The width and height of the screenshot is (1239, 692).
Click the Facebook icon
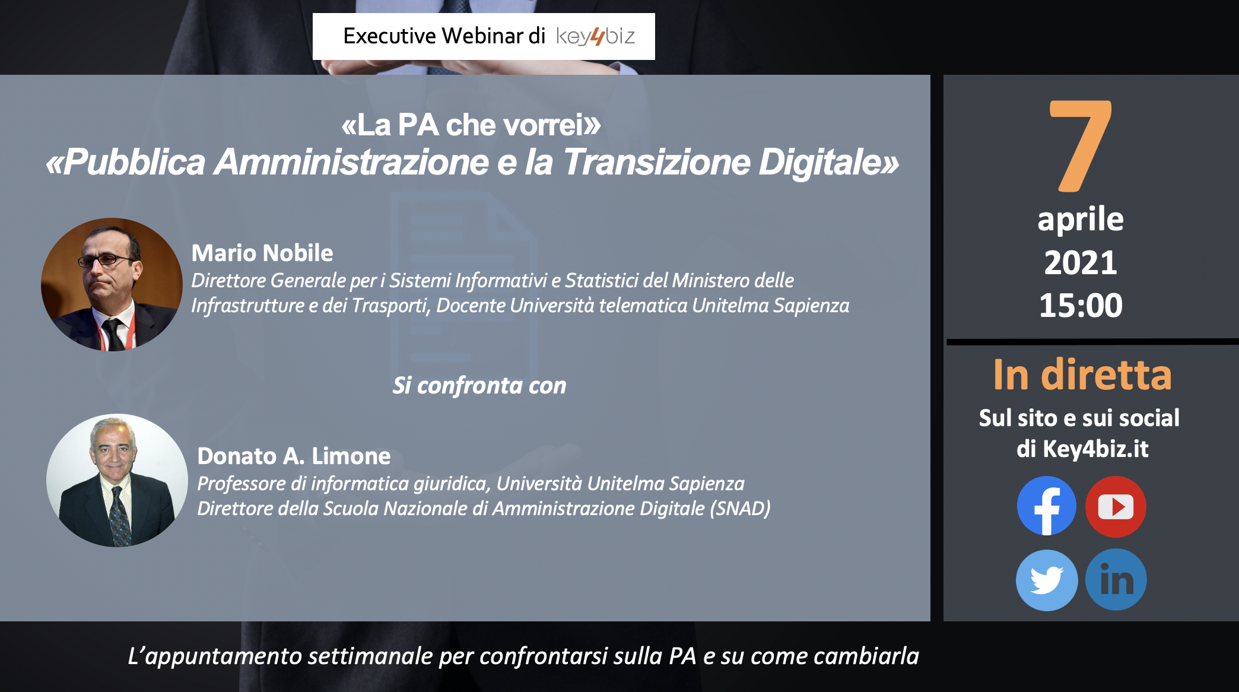coord(1047,506)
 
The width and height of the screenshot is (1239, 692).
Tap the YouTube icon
coord(1116,506)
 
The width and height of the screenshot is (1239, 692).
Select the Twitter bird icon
coord(1047,580)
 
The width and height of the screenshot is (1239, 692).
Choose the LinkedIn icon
coord(1116,580)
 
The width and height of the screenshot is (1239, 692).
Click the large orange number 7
coord(1081,146)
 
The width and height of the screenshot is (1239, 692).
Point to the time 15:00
coord(1081,305)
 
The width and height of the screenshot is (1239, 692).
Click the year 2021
coord(1081,262)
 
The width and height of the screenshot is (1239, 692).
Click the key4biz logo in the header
coord(595,37)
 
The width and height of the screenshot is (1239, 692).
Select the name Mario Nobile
coord(262,253)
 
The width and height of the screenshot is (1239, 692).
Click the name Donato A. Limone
coord(294,456)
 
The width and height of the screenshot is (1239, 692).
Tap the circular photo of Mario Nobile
coord(112,284)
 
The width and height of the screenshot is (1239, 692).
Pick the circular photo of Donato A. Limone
coord(117,480)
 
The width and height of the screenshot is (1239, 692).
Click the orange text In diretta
coord(1082,374)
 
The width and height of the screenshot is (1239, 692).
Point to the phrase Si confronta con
coord(479,386)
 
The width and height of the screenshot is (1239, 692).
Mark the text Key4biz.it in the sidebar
coord(1095,449)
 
